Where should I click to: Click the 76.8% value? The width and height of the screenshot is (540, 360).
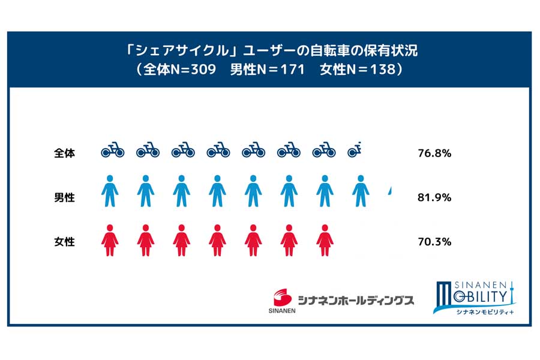pos(434,153)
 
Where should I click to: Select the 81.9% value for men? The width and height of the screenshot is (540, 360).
pos(434,197)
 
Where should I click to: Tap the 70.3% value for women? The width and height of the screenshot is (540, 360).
pos(434,242)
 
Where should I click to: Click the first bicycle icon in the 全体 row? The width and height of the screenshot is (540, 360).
pos(112,149)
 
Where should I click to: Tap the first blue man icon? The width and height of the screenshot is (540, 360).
pos(110,191)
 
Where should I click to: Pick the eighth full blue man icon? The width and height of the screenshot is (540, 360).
pos(360,191)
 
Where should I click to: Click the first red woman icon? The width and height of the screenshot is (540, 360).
pos(110,239)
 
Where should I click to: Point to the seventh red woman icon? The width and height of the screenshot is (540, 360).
pos(325,239)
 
